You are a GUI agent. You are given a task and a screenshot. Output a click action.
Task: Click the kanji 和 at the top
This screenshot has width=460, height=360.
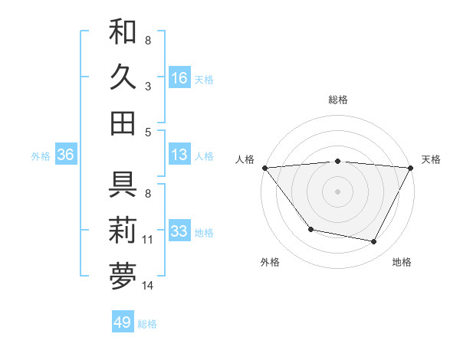click(123, 33)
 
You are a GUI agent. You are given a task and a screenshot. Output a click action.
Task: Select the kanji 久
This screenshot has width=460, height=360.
click(123, 77)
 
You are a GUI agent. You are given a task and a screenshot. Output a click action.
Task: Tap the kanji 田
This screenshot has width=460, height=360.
click(123, 123)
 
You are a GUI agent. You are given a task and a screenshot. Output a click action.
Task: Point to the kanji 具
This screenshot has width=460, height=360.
click(123, 185)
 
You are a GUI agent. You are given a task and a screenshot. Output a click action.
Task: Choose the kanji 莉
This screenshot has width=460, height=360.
click(123, 231)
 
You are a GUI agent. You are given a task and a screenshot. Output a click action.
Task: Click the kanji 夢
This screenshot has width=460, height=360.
click(123, 276)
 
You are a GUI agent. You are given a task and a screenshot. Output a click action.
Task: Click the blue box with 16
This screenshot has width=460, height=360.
click(179, 77)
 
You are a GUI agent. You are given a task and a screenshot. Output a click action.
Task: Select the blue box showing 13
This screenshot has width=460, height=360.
click(179, 155)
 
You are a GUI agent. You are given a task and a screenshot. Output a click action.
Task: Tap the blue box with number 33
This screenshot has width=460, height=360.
click(179, 231)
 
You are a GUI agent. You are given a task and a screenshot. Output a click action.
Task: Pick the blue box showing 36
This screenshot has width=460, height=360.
click(65, 155)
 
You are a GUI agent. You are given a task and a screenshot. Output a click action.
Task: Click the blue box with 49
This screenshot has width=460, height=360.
click(123, 322)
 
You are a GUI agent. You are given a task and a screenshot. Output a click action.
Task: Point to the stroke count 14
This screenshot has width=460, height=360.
click(148, 286)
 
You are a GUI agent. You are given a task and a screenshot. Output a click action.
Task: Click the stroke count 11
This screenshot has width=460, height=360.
click(148, 240)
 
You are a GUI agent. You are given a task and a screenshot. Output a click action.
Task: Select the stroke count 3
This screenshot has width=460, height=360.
click(148, 87)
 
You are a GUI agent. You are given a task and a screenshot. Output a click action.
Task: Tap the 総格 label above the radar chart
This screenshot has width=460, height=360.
click(338, 100)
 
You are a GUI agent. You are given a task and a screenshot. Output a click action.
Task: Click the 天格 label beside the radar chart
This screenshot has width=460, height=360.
click(432, 159)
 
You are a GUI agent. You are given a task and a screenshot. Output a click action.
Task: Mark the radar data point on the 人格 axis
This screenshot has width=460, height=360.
click(264, 167)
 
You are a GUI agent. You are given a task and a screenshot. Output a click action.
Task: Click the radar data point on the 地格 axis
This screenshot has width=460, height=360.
click(374, 241)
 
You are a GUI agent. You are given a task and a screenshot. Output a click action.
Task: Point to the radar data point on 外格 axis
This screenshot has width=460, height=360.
click(310, 229)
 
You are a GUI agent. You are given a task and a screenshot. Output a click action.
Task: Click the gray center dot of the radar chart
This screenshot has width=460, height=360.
click(337, 191)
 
